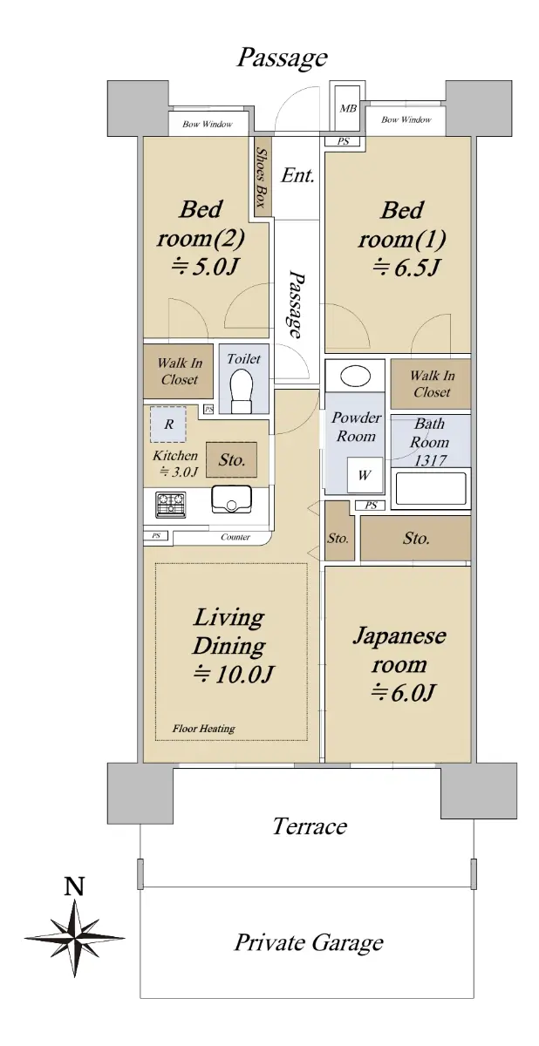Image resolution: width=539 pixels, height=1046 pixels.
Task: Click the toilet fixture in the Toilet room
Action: pyautogui.click(x=242, y=391)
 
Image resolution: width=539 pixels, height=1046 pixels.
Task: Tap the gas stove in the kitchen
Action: pyautogui.click(x=170, y=505)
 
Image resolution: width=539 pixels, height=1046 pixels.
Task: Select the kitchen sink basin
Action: pyautogui.click(x=231, y=499)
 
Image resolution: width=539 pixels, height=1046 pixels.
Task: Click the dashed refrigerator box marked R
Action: pyautogui.click(x=168, y=425)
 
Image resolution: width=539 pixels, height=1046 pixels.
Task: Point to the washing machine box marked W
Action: pyautogui.click(x=365, y=475)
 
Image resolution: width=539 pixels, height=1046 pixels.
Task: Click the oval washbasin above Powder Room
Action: pyautogui.click(x=356, y=376)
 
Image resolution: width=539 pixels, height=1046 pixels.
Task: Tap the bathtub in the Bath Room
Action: pyautogui.click(x=431, y=488)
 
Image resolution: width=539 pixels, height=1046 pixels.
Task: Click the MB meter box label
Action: pyautogui.click(x=348, y=109)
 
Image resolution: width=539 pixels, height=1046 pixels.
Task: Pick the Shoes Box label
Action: pyautogui.click(x=261, y=178)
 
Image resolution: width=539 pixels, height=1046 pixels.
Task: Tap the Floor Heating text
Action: pyautogui.click(x=203, y=729)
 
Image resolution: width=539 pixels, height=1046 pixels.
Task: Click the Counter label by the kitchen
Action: pyautogui.click(x=235, y=537)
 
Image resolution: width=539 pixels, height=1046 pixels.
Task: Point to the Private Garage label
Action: pyautogui.click(x=309, y=943)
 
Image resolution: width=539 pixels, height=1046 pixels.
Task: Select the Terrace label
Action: pyautogui.click(x=310, y=826)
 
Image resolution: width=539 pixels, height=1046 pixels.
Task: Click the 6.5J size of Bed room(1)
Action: pyautogui.click(x=406, y=268)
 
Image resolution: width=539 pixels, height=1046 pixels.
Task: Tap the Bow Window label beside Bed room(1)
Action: pyautogui.click(x=406, y=120)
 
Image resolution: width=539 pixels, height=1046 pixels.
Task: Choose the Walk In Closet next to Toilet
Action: pyautogui.click(x=180, y=371)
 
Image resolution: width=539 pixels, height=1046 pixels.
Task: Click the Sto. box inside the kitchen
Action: pyautogui.click(x=232, y=460)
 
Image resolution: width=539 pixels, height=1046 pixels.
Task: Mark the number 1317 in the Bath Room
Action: pyautogui.click(x=430, y=461)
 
